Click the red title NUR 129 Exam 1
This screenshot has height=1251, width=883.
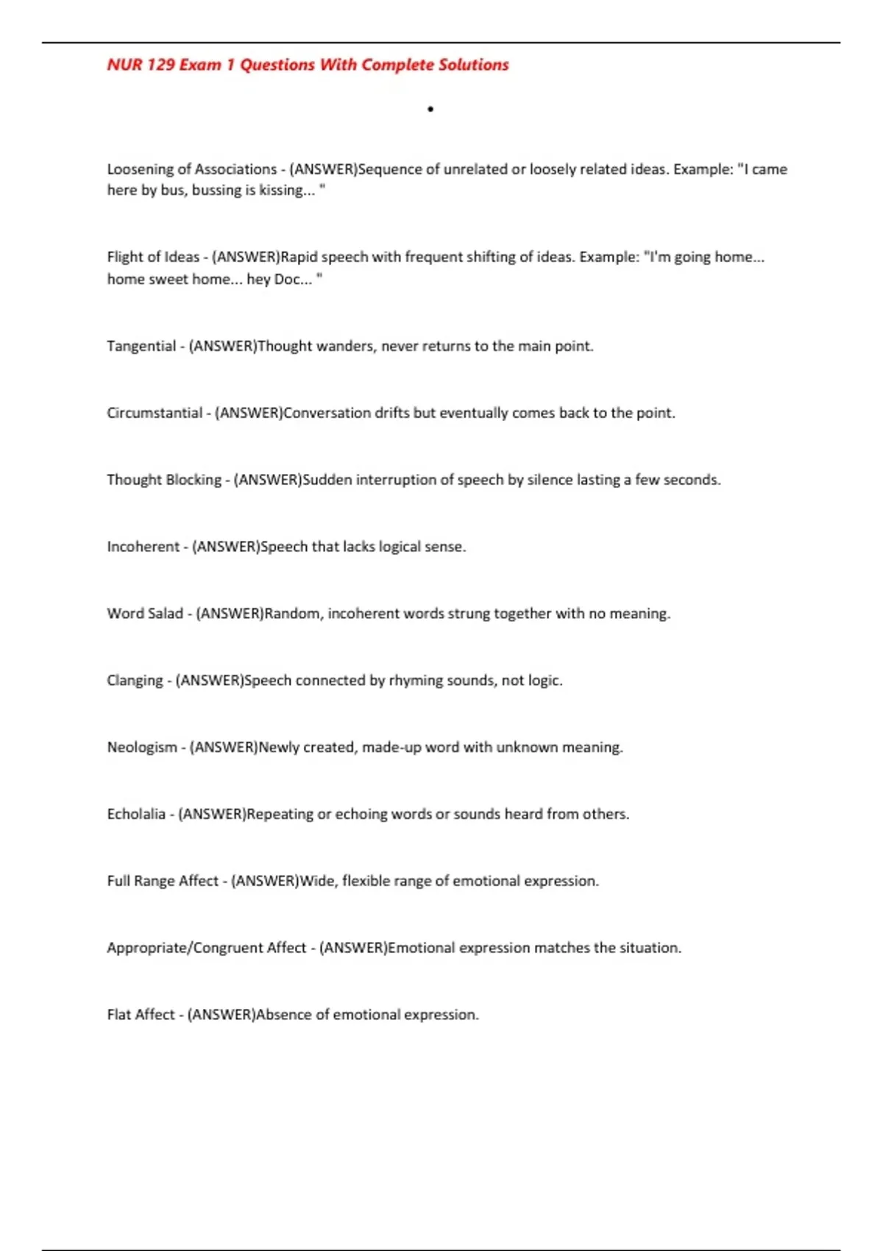(x=308, y=65)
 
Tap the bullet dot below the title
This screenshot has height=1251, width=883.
(x=430, y=110)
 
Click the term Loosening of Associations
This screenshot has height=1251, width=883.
(x=191, y=169)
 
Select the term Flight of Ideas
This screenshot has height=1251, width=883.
(x=153, y=257)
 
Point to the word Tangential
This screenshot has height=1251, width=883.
(x=141, y=346)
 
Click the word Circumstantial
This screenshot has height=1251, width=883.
(x=155, y=413)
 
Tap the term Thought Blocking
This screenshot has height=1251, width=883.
(x=164, y=480)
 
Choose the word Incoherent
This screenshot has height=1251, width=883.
(x=143, y=547)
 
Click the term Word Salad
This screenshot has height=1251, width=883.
(x=145, y=614)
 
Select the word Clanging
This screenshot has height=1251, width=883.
(x=135, y=681)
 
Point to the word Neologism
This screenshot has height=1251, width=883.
(x=142, y=748)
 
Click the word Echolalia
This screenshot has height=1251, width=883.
(x=136, y=815)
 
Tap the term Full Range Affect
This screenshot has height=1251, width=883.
(x=163, y=881)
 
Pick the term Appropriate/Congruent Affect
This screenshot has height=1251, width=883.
(x=206, y=948)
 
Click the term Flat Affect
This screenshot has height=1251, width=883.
(x=141, y=1015)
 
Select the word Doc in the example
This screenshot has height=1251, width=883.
(x=287, y=280)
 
